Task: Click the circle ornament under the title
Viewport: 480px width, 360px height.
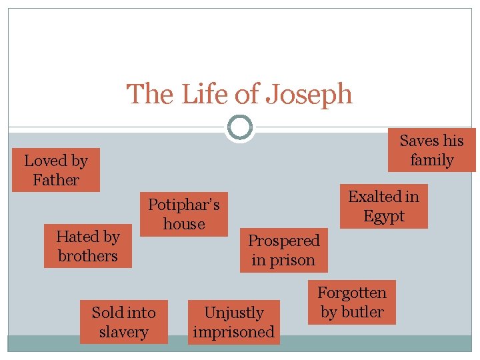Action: pyautogui.click(x=240, y=127)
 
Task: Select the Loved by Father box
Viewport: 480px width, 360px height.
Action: pyautogui.click(x=56, y=170)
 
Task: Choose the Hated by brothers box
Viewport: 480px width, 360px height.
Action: pyautogui.click(x=88, y=246)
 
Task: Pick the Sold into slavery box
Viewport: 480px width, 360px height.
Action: pyautogui.click(x=123, y=322)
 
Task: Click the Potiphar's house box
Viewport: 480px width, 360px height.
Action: pyautogui.click(x=183, y=214)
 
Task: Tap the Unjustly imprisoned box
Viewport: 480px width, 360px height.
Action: pyautogui.click(x=233, y=322)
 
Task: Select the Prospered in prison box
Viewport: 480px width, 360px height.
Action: pyautogui.click(x=283, y=250)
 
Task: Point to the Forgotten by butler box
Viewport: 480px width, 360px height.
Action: pyautogui.click(x=352, y=302)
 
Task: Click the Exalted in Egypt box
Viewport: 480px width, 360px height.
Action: pyautogui.click(x=384, y=206)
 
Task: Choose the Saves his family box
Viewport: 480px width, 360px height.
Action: pyautogui.click(x=431, y=150)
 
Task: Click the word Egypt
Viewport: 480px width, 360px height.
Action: pyautogui.click(x=384, y=216)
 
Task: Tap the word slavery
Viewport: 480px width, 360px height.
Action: pyautogui.click(x=123, y=332)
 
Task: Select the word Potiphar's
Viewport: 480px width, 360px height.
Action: pyautogui.click(x=183, y=204)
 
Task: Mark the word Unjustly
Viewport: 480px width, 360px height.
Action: pyautogui.click(x=233, y=313)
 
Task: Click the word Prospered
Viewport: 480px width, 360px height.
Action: pyautogui.click(x=283, y=241)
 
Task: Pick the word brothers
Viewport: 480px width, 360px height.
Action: pyautogui.click(x=88, y=256)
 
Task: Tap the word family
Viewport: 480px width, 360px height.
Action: pyautogui.click(x=431, y=160)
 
